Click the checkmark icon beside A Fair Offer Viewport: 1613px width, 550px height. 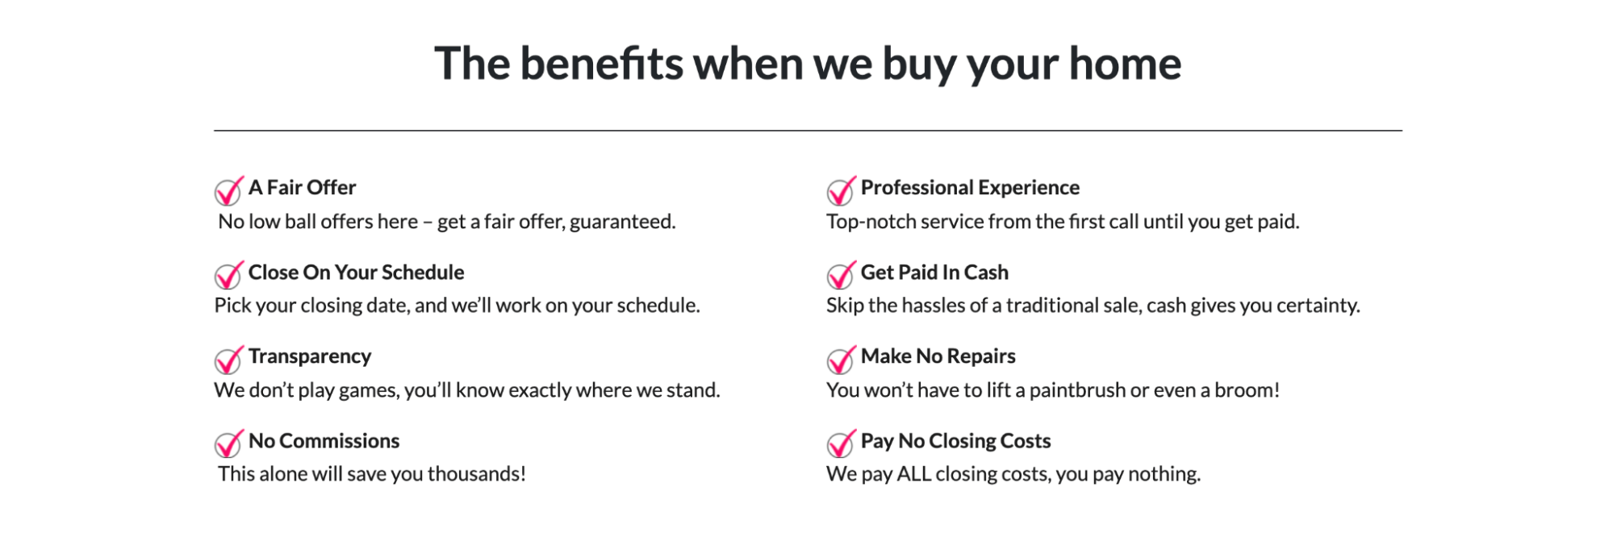[228, 191]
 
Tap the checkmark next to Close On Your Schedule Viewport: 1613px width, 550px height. [228, 275]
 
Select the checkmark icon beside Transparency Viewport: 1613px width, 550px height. [228, 360]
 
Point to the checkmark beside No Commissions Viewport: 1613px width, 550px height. [228, 444]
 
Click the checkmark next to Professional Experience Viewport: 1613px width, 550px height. [841, 191]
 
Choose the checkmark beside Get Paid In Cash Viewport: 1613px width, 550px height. [841, 275]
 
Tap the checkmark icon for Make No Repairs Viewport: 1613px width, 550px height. [841, 360]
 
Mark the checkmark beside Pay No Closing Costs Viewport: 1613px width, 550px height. [841, 444]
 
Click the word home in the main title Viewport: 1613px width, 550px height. [1125, 63]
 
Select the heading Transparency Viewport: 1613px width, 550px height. [310, 356]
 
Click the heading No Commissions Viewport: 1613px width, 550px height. [324, 440]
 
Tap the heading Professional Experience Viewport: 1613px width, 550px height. [970, 188]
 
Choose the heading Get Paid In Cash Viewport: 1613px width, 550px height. [934, 273]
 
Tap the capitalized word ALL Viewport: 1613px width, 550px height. [914, 473]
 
